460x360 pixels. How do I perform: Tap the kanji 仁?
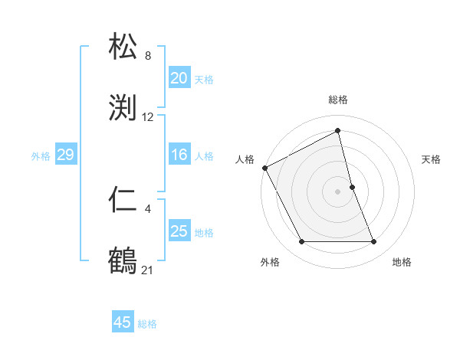point(124,201)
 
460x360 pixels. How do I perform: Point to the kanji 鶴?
point(124,260)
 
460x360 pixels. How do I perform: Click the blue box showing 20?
point(179,78)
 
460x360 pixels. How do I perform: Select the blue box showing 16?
point(179,155)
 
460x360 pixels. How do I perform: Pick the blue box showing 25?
point(179,231)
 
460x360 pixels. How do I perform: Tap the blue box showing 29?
point(65,155)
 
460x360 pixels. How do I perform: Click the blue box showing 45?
point(123,322)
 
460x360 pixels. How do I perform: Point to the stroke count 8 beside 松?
point(148,55)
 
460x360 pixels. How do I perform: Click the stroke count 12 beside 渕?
point(148,117)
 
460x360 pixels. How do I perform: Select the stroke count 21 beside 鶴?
point(148,269)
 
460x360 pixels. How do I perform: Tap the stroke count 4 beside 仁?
point(148,208)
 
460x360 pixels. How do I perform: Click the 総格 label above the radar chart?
point(338,100)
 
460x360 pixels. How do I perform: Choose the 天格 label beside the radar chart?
point(431,159)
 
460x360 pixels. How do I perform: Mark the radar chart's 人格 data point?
point(264,168)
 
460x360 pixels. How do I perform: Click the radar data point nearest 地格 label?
point(374,242)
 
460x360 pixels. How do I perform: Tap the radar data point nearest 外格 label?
point(301,242)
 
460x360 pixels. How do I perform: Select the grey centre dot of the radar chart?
point(337,191)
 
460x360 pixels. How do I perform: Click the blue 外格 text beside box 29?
point(41,156)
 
